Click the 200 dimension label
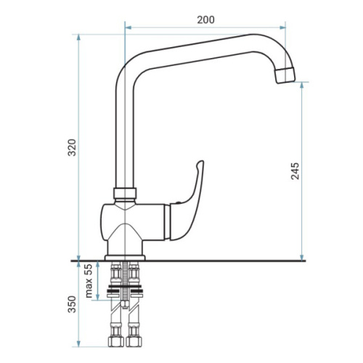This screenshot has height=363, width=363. pos(205,20)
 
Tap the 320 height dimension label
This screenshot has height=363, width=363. pos(72,147)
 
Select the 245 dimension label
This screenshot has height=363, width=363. pos(295,171)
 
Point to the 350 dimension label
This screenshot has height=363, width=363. pos(72,304)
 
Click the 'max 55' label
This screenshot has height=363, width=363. pos(89,281)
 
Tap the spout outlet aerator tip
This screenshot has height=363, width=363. pos(285,76)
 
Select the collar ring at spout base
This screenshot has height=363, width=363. pos(125,193)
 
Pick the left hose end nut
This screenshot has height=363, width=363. pos(115,341)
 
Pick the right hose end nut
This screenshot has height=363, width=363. pos(134,341)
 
